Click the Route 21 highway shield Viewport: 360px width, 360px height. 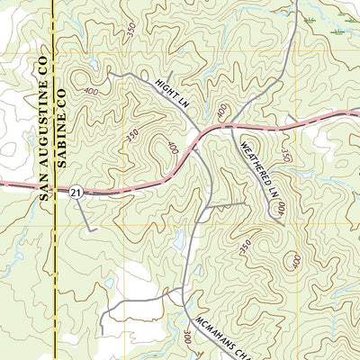tap(76, 193)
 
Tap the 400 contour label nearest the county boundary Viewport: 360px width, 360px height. tap(91, 92)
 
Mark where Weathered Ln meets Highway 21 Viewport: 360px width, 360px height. tap(233, 129)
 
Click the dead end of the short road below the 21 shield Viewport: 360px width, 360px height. tap(96, 230)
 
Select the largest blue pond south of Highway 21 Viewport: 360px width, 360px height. tap(179, 240)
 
